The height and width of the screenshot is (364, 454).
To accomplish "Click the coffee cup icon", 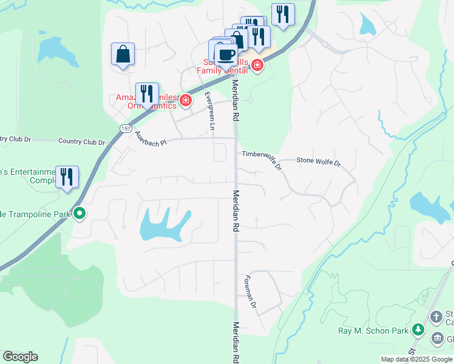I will point(226,55).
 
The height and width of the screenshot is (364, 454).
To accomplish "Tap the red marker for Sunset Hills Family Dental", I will point(257,66).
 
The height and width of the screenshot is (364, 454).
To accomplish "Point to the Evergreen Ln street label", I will point(209,111).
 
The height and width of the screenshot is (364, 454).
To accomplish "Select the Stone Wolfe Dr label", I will point(319,162).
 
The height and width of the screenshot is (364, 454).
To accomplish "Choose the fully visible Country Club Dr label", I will point(81,142).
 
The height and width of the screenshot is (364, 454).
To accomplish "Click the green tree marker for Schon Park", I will point(418,329).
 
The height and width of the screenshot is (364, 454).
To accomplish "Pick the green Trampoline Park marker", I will point(79,214).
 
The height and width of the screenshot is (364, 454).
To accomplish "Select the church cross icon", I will point(436,316).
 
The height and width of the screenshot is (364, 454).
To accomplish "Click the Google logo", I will point(20,357).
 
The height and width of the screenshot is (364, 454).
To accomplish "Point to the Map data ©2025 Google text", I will point(416,359).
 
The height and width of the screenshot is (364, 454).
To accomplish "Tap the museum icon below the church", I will point(437,339).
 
